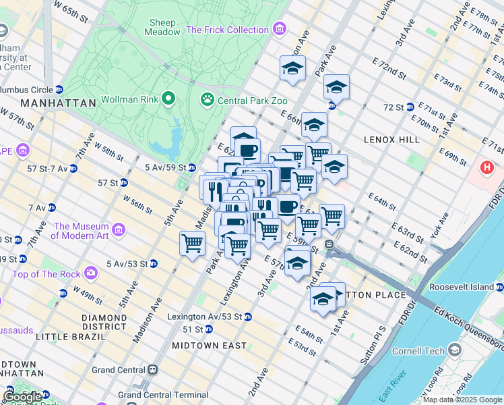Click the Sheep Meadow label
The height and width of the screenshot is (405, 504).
click(x=164, y=26)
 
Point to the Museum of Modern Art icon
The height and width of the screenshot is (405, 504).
click(x=119, y=230)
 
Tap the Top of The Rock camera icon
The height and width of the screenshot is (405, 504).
click(x=90, y=273)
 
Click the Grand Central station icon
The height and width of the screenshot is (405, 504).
click(x=154, y=370)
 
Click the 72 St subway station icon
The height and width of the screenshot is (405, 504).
click(x=410, y=107)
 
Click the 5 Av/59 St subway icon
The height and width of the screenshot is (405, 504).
click(x=191, y=167)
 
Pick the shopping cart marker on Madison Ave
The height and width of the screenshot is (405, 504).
click(x=193, y=243)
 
